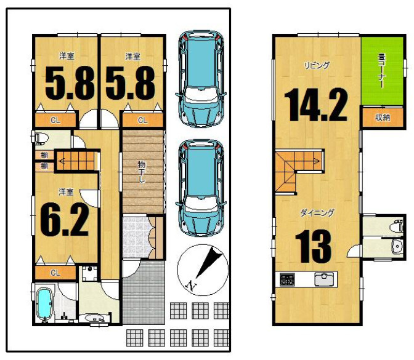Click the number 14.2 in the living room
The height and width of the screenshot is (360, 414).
pyautogui.click(x=315, y=105)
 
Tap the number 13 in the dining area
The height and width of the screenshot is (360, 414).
pyautogui.click(x=313, y=246)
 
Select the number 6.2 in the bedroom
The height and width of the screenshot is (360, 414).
pyautogui.click(x=65, y=220)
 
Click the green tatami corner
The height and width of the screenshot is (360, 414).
pyautogui.click(x=383, y=71)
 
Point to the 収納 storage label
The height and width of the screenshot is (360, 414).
pyautogui.click(x=383, y=118)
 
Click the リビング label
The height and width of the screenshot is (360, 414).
pyautogui.click(x=317, y=65)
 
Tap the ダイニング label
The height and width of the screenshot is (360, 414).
pyautogui.click(x=317, y=212)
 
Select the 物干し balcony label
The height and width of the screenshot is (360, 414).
pyautogui.click(x=142, y=172)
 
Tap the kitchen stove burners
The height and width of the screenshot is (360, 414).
pyautogui.click(x=287, y=279)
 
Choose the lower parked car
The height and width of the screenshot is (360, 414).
pyautogui.click(x=201, y=188)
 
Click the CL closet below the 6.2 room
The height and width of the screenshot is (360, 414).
pyautogui.click(x=55, y=273)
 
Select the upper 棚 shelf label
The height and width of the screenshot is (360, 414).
pyautogui.click(x=44, y=155)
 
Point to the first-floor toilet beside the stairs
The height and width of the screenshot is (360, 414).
pyautogui.click(x=41, y=138)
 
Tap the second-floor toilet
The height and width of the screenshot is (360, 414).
pyautogui.click(x=397, y=225)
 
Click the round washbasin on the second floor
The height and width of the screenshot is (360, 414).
pyautogui.click(x=397, y=246)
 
